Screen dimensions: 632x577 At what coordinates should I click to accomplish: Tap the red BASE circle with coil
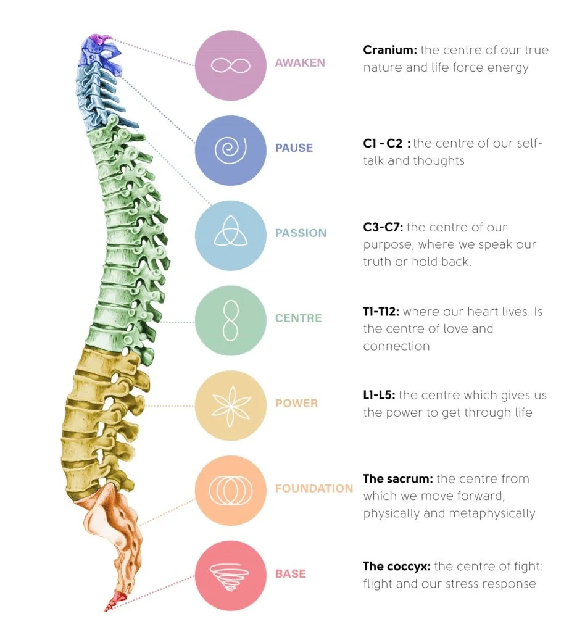pos(230,575)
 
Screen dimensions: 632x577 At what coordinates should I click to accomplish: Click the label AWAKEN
pos(300,63)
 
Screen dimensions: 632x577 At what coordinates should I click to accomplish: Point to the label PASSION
pos(301,233)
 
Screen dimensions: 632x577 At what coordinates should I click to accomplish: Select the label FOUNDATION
pos(313,489)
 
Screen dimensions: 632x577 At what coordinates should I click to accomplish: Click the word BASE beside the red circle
pos(290,574)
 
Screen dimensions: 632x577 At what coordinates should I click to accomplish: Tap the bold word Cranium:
pos(390,50)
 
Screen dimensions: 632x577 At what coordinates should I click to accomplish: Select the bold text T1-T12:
pos(381,312)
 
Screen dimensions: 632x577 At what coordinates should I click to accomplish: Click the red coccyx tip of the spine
pos(113,600)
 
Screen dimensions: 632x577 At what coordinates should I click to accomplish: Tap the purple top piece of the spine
pos(96,40)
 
